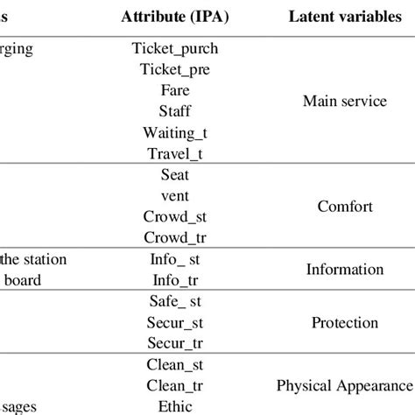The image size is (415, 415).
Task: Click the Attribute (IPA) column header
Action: coord(175,17)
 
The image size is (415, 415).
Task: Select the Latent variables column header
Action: coord(344,17)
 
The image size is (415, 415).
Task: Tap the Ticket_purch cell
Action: coord(175,49)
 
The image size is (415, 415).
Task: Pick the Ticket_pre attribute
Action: coord(175,70)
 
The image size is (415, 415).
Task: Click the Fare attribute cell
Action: coord(175,90)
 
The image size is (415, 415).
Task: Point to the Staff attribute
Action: coord(175,111)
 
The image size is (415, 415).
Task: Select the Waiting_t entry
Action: coord(175,132)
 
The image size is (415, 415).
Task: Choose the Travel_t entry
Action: coord(175,153)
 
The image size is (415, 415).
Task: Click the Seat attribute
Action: coord(175,175)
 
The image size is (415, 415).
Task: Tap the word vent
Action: coord(175,196)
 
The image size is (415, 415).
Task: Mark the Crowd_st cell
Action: coord(175,217)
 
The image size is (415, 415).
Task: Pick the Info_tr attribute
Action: coord(175,281)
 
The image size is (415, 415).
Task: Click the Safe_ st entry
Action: coord(175,302)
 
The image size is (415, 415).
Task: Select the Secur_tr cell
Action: coord(175,344)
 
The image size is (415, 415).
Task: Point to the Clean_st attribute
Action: coord(175,365)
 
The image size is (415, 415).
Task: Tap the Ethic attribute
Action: coord(175,406)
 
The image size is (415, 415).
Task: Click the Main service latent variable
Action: coord(344,102)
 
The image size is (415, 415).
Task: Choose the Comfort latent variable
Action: coord(344,207)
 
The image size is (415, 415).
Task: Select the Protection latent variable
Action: coord(344,323)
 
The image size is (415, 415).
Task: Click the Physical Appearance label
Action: coord(344,385)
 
